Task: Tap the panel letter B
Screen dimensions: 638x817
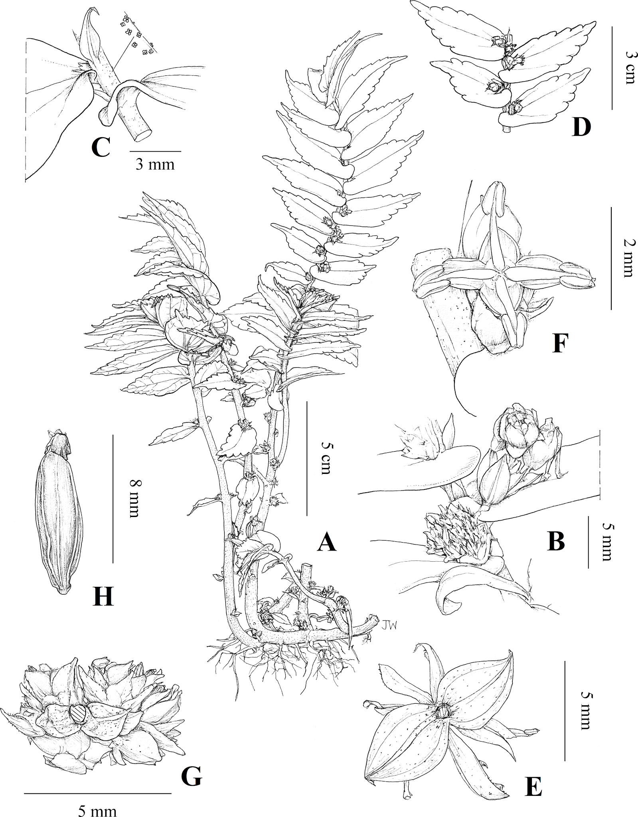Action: [556, 541]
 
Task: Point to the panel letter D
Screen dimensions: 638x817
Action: [581, 128]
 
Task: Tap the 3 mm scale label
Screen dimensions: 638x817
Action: [155, 164]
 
